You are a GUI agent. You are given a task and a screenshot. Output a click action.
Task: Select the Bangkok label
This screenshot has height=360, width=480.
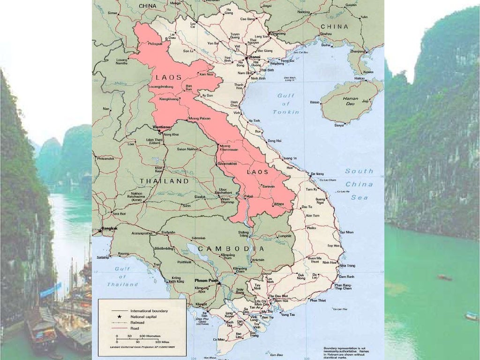pyautogui.click(x=109, y=228)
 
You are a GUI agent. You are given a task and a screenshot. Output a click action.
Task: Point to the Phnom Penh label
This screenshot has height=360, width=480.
pyautogui.click(x=206, y=280)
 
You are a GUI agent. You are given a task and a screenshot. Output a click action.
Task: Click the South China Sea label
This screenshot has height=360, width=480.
pyautogui.click(x=359, y=184)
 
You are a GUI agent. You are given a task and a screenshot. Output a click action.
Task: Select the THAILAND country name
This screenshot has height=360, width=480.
pyautogui.click(x=164, y=181)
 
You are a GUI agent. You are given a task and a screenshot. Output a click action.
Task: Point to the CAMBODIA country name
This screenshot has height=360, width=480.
pyautogui.click(x=231, y=248)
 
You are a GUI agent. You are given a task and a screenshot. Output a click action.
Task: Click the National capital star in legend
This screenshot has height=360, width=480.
pyautogui.click(x=113, y=317)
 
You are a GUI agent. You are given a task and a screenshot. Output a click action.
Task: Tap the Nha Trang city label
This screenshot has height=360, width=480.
pyautogui.click(x=347, y=265)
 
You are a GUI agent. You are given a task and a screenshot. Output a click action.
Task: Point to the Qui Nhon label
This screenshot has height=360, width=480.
pyautogui.click(x=346, y=232)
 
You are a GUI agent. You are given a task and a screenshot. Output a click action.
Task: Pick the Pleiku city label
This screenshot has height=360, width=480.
pyautogui.click(x=311, y=228)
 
